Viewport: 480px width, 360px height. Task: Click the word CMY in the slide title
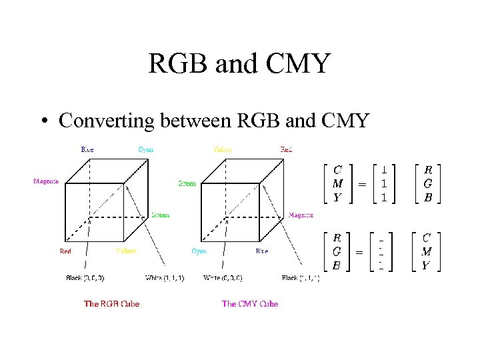pyautogui.click(x=298, y=64)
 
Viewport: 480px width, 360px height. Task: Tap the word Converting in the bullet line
pyautogui.click(x=105, y=121)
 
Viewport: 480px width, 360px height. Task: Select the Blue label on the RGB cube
pyautogui.click(x=87, y=150)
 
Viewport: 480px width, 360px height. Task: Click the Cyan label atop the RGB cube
pyautogui.click(x=146, y=150)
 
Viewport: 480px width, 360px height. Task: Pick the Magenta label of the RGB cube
pyautogui.click(x=46, y=181)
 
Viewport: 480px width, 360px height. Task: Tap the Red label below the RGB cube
pyautogui.click(x=65, y=251)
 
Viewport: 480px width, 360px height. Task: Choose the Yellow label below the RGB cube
pyautogui.click(x=125, y=251)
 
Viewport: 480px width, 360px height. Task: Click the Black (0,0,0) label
pyautogui.click(x=85, y=278)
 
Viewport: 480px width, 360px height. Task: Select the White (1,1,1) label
pyautogui.click(x=165, y=278)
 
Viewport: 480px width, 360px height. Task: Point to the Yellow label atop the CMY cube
pyautogui.click(x=223, y=150)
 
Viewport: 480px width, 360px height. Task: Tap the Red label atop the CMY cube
pyautogui.click(x=286, y=150)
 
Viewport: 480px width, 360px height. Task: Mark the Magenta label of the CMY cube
pyautogui.click(x=301, y=215)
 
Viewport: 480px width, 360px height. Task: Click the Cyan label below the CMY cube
pyautogui.click(x=199, y=251)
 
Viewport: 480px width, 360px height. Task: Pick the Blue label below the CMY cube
pyautogui.click(x=262, y=251)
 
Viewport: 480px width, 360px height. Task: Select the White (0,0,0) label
pyautogui.click(x=223, y=278)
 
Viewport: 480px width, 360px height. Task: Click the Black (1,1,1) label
pyautogui.click(x=300, y=278)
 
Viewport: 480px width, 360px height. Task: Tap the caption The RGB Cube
pyautogui.click(x=112, y=304)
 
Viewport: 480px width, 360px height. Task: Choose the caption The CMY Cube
pyautogui.click(x=250, y=304)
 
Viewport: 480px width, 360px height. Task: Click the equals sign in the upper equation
pyautogui.click(x=362, y=183)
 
